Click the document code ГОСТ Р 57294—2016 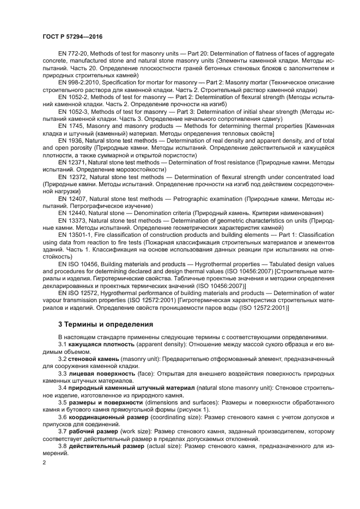point(72,36)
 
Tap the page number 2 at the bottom point(44,463)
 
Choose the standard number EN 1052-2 point(74,96)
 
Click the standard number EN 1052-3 point(74,111)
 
